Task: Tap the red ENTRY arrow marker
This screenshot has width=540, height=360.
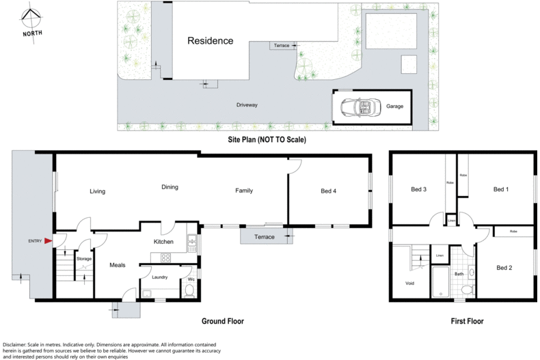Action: [x=47, y=240]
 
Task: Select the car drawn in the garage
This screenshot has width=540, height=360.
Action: [x=360, y=107]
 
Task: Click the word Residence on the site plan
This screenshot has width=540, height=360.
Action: [x=211, y=41]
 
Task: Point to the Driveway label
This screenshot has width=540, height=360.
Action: [x=247, y=105]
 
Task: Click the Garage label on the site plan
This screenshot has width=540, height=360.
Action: [x=394, y=107]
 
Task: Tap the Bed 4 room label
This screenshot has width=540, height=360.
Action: [x=328, y=191]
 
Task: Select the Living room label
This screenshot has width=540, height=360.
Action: [x=97, y=191]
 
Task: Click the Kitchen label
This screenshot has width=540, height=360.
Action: [x=163, y=242]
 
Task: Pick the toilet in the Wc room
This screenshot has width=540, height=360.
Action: [x=190, y=290]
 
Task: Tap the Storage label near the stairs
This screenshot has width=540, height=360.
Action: [x=83, y=259]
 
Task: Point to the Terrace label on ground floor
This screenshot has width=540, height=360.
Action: [x=264, y=237]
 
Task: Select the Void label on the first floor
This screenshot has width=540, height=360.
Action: [x=409, y=283]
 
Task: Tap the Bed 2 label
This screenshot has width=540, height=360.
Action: [x=504, y=268]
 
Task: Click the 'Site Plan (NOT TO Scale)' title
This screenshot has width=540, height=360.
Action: [x=267, y=139]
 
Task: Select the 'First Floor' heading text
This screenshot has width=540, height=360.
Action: [x=467, y=320]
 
